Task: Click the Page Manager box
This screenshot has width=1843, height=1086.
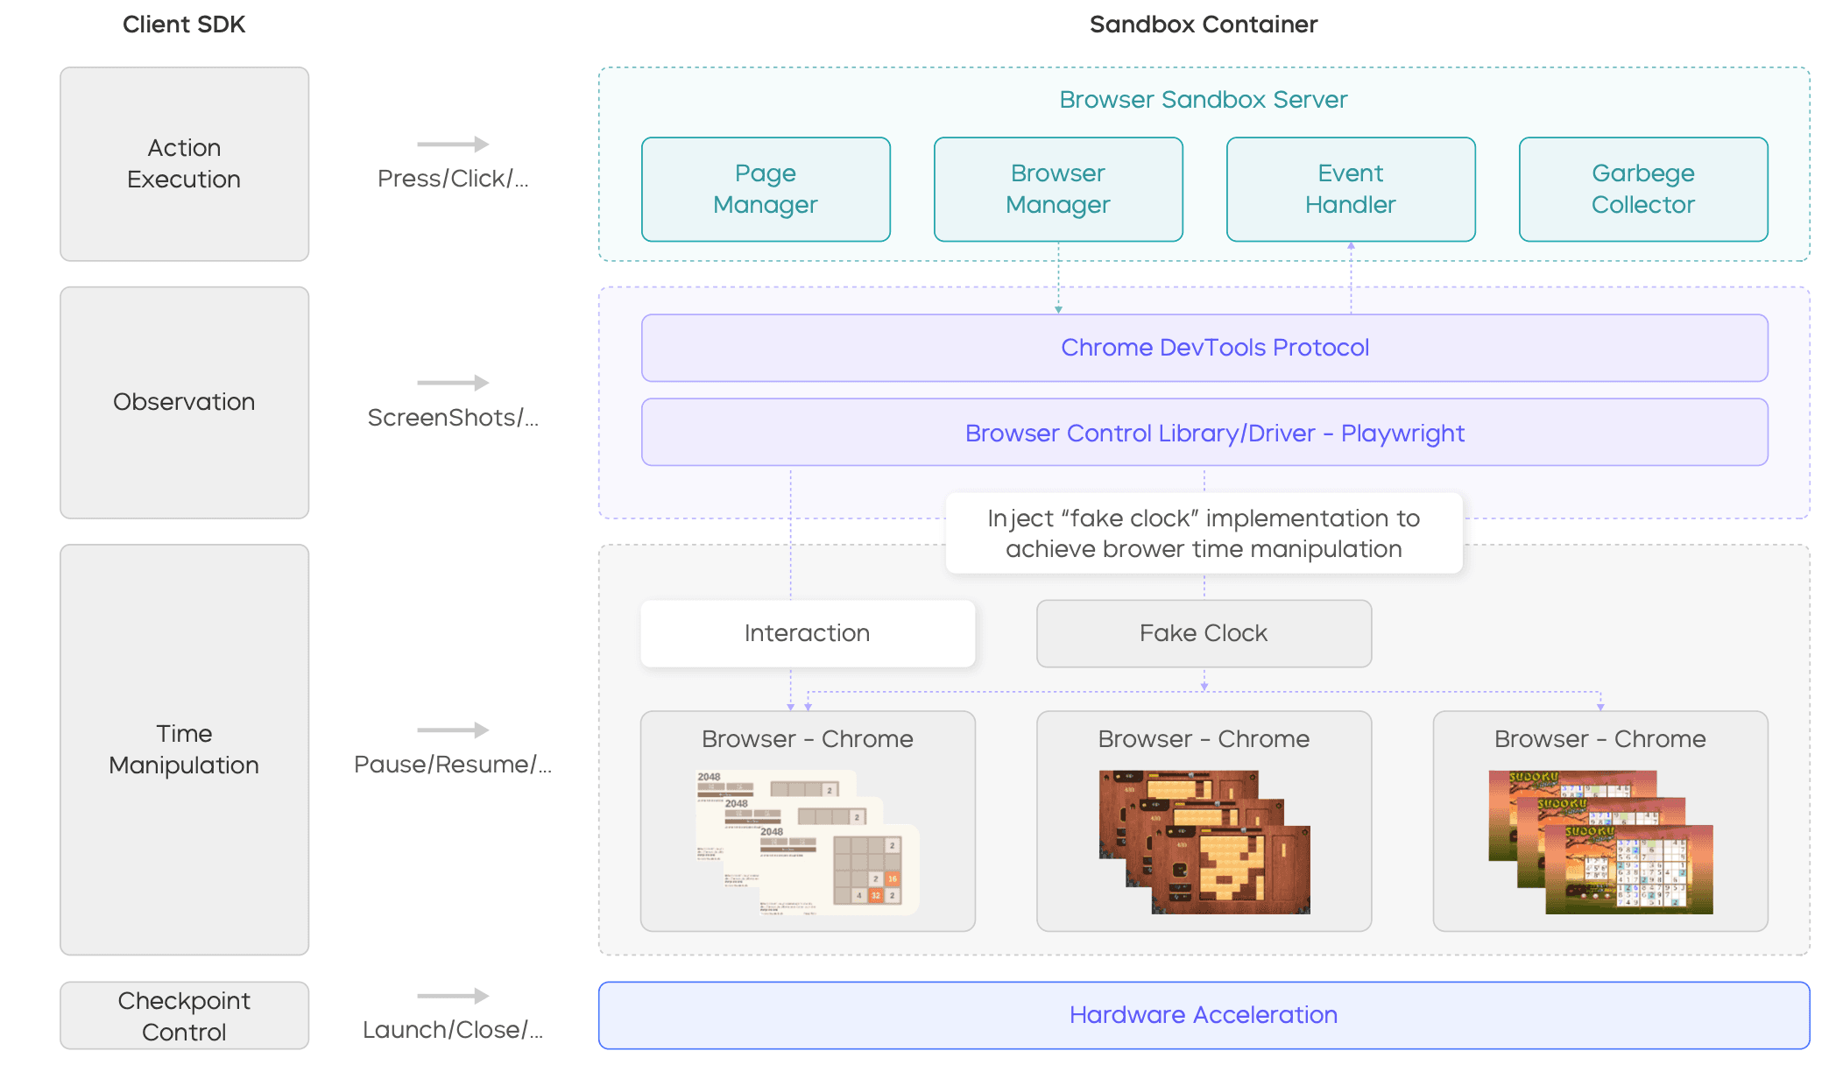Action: pos(766,189)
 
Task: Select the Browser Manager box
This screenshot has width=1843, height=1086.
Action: pos(1058,189)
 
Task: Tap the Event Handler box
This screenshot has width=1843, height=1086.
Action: pos(1351,189)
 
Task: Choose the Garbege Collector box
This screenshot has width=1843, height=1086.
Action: pos(1643,189)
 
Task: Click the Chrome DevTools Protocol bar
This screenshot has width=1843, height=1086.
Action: pos(1204,348)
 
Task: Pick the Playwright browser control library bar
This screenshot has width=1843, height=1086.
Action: pos(1204,433)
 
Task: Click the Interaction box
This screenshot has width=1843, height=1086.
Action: pos(807,633)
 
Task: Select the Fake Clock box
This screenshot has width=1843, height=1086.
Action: pos(1204,633)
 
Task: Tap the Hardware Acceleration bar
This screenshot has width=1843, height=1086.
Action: pos(1204,1015)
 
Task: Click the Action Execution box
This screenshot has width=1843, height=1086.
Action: pos(184,164)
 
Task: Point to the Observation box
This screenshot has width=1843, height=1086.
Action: pos(184,402)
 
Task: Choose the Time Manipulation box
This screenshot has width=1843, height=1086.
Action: pos(184,750)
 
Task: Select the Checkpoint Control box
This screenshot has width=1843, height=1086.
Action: pos(184,1016)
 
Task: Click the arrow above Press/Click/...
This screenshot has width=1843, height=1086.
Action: pos(453,144)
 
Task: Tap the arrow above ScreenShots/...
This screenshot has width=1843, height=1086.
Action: pos(453,383)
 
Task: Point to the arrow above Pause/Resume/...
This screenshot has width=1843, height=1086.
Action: pos(453,730)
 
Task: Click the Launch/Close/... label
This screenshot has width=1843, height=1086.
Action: pos(453,1030)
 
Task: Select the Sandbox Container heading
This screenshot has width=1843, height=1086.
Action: pos(1204,25)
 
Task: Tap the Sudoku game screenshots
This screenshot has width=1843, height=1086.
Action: pos(1600,843)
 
